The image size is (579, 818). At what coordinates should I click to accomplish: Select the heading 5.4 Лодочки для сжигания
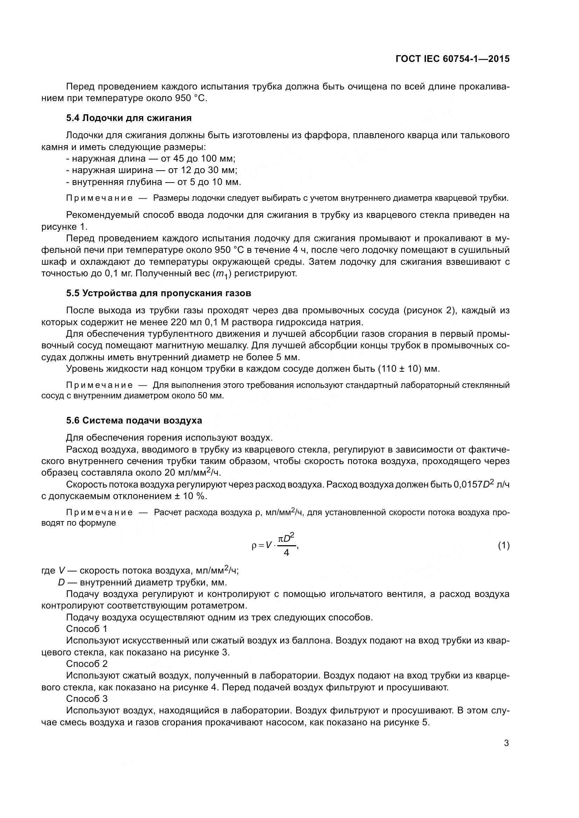point(129,118)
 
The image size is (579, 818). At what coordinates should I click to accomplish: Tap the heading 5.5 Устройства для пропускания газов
point(158,293)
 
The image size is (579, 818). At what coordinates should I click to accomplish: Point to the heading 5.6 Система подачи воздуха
point(134,420)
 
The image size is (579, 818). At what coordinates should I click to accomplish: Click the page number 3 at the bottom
point(506,743)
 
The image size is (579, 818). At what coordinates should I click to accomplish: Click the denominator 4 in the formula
point(286,553)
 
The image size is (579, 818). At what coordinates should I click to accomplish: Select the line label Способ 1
point(86,628)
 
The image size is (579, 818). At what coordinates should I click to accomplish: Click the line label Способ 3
point(86,699)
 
